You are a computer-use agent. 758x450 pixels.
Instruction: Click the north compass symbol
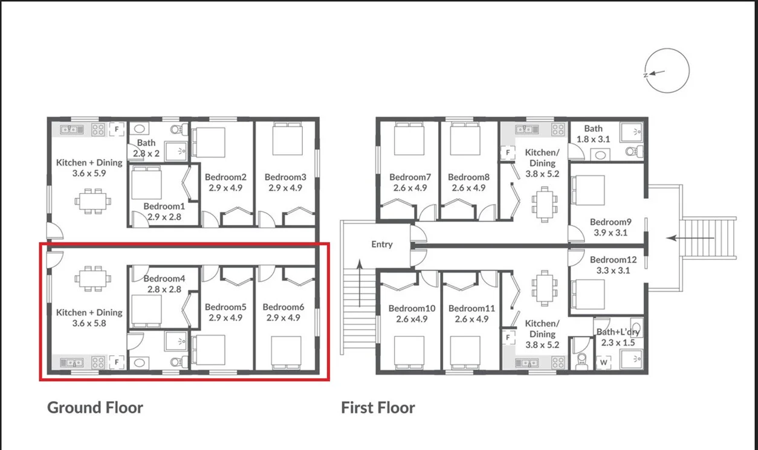pos(667,71)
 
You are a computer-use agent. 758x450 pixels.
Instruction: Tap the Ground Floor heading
pos(95,408)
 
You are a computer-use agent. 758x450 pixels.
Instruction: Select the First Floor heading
pos(378,408)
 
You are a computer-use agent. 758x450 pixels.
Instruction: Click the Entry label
pos(382,245)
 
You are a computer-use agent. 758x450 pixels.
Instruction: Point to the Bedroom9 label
pos(610,222)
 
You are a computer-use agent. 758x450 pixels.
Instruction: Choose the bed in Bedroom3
pos(284,140)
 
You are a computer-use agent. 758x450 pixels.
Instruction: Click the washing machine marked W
pos(603,362)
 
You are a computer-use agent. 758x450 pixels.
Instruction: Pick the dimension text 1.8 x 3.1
pos(593,139)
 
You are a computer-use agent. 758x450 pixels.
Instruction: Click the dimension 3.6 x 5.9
pos(89,173)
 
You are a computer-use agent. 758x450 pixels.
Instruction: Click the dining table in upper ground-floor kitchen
pos(92,200)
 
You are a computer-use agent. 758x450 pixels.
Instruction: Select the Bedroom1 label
pos(163,206)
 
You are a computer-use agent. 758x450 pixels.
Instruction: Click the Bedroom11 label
pos(471,308)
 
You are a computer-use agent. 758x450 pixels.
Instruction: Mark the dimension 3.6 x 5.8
pos(89,323)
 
